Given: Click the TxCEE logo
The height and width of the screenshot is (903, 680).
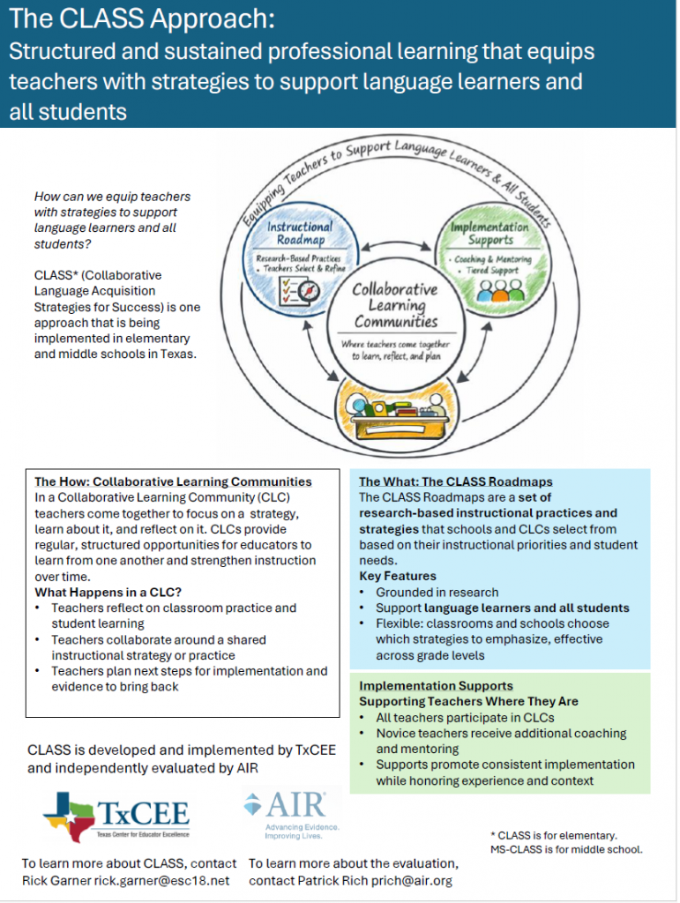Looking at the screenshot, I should pyautogui.click(x=116, y=816).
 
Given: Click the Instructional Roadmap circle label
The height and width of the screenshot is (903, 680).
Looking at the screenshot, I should pyautogui.click(x=300, y=233).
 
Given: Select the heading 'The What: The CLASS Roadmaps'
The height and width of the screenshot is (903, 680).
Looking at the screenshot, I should pyautogui.click(x=455, y=481).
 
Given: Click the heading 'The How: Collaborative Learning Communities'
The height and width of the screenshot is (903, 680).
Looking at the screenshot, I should pyautogui.click(x=173, y=481).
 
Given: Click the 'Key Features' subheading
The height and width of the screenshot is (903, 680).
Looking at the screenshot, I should pyautogui.click(x=397, y=576).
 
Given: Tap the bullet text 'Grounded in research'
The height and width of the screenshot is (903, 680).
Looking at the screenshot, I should pyautogui.click(x=437, y=592).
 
